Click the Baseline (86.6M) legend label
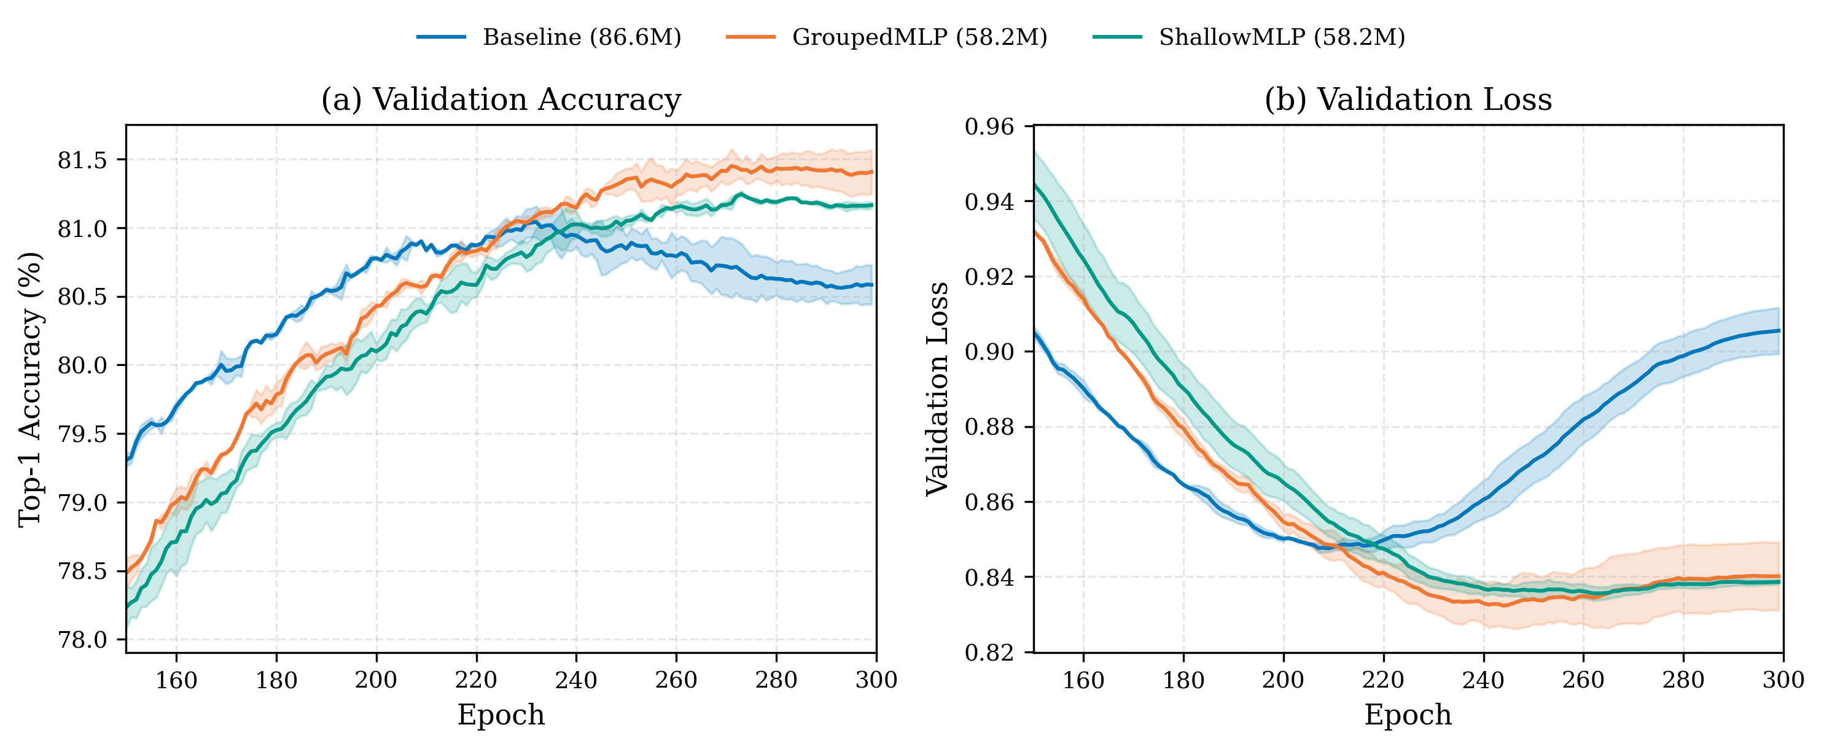(x=582, y=37)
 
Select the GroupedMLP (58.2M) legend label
(x=919, y=37)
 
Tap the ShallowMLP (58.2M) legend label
(x=1282, y=37)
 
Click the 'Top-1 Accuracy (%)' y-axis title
(x=29, y=389)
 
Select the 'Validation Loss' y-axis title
(x=938, y=389)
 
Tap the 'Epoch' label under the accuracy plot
(x=501, y=715)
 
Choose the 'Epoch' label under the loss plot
(x=1408, y=715)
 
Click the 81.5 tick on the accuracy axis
(x=82, y=161)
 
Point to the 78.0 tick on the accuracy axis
(x=82, y=640)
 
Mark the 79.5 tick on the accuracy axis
(x=82, y=434)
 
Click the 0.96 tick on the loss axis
(x=989, y=126)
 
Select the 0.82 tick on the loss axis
(x=989, y=652)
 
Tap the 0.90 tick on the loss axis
(x=989, y=352)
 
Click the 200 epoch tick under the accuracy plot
(x=376, y=680)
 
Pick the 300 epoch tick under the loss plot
(x=1782, y=680)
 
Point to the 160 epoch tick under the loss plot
(x=1083, y=680)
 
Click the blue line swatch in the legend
(x=441, y=37)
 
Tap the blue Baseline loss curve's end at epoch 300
(x=1778, y=331)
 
